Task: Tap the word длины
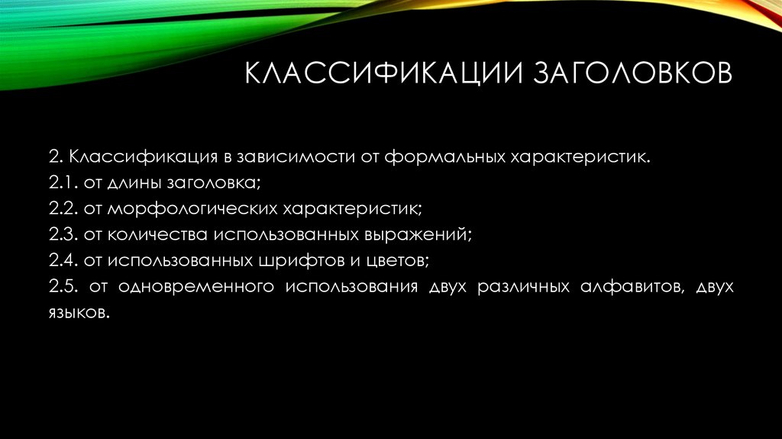tap(131, 183)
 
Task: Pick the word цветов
tap(393, 261)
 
